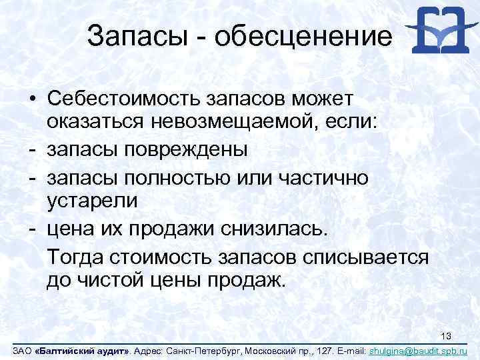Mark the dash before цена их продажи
(x=32, y=229)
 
